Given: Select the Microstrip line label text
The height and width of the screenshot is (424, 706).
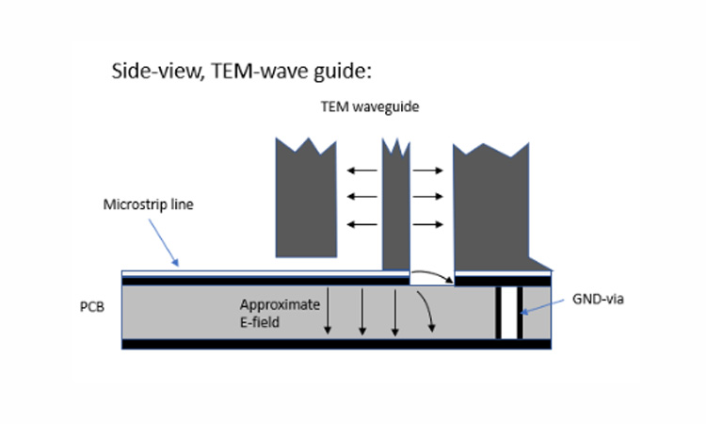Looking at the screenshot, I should click(148, 204).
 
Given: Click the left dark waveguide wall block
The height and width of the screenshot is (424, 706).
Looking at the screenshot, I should click(309, 203).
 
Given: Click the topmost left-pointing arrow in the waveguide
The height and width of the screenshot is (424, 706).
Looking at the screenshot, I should click(358, 171).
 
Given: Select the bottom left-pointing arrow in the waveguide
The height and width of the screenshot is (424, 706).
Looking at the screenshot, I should click(358, 223).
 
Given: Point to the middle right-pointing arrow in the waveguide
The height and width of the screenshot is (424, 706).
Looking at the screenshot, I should click(427, 197).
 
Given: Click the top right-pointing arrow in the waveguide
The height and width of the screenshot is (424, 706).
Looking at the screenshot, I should click(427, 171).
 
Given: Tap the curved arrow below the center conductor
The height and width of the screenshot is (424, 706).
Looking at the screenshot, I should click(431, 274).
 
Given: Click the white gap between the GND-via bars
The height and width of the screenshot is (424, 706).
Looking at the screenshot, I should click(509, 312).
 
